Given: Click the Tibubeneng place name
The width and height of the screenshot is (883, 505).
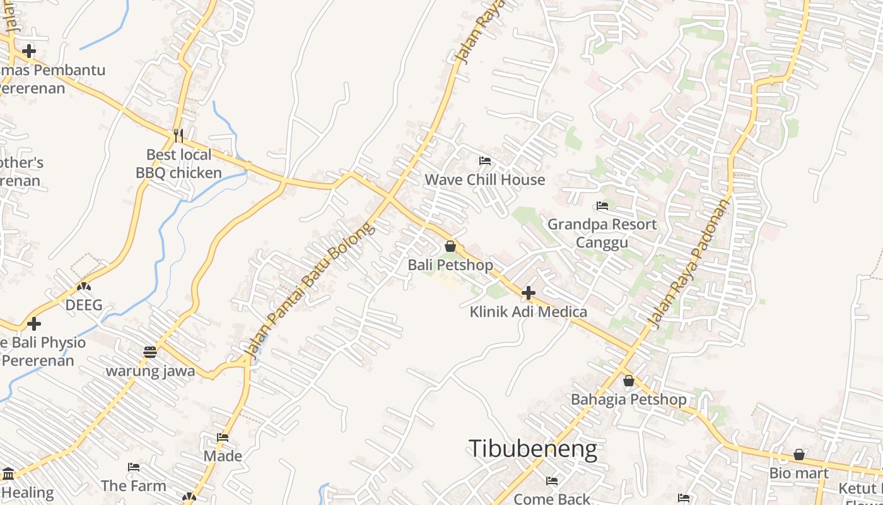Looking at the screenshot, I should point(533,449).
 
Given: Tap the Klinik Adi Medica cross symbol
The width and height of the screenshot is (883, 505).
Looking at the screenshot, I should point(529,293).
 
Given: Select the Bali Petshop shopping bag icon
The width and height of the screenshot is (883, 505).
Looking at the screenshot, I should point(450,246).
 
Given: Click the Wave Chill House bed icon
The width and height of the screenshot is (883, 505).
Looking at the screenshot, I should point(484,161).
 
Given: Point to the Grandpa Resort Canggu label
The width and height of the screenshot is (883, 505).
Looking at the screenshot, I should point(602,234).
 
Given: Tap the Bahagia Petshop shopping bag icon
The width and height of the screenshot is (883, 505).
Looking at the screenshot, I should point(628,381).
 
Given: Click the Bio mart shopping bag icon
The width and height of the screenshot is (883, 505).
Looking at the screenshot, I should point(798,454).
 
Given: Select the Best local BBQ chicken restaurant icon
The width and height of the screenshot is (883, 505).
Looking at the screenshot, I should point(178,136).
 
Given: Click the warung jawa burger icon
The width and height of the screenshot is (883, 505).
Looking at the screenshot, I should point(149,352).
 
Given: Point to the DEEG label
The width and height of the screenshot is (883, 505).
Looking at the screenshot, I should point(84,306).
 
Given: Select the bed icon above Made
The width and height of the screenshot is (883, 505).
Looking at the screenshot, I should point(223,437).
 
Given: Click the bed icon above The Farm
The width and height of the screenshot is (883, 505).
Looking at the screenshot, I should point(134,467).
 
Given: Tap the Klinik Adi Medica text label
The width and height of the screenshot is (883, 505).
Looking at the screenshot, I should point(529,312).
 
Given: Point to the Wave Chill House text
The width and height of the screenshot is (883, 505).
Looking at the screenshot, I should point(484,180).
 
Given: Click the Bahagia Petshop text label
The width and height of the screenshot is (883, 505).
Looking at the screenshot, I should point(628,400).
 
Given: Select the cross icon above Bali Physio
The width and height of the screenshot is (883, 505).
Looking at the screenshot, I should point(34,324).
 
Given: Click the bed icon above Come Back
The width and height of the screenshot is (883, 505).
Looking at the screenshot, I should point(552,481).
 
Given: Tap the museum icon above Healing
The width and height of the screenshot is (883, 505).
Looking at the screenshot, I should point(8,473).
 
